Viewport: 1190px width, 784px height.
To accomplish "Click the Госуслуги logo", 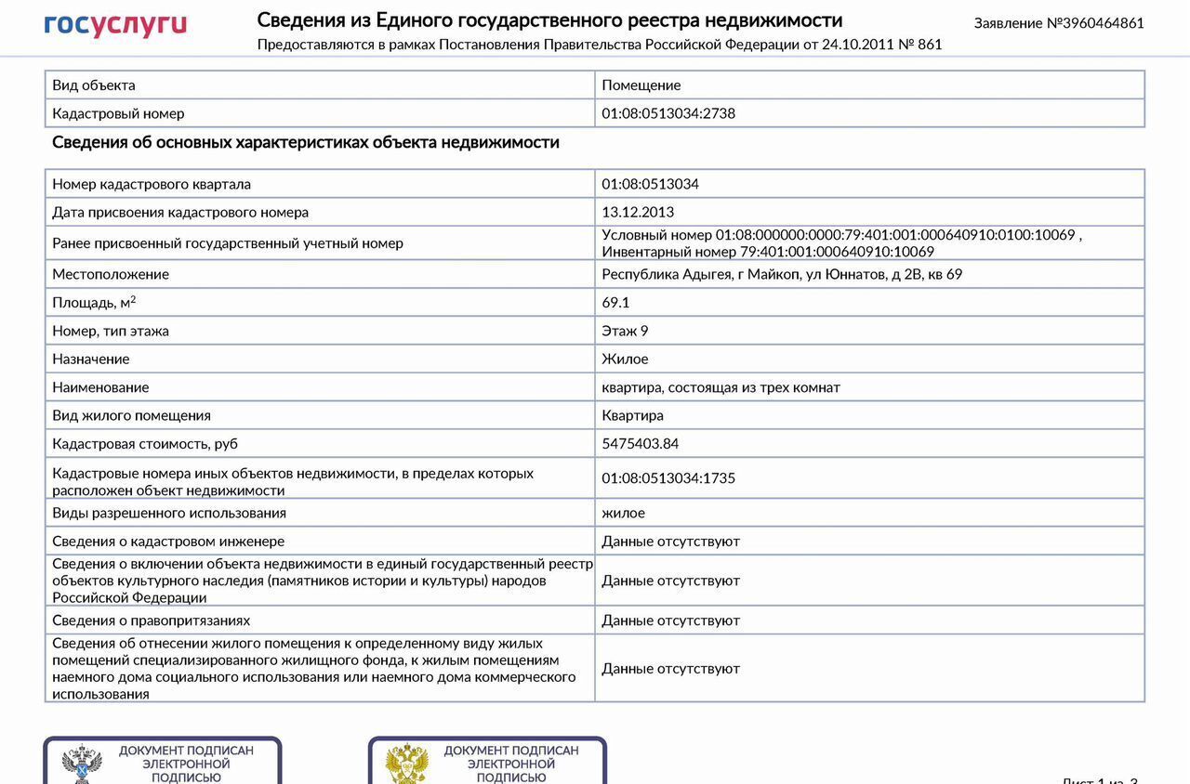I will (x=115, y=25).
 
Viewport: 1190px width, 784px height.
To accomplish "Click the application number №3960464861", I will (x=1059, y=23).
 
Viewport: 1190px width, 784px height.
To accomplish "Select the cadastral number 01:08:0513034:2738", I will (x=668, y=113).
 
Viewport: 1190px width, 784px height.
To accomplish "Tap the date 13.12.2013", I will (x=638, y=212).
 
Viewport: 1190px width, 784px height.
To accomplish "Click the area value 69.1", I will (x=615, y=302).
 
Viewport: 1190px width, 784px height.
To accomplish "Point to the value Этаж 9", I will (x=625, y=331).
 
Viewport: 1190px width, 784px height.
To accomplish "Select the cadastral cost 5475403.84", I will (x=640, y=443).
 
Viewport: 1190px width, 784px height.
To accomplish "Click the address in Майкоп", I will (x=782, y=274).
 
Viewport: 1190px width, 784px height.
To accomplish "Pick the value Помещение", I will (x=641, y=85).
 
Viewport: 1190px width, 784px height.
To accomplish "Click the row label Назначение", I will (x=90, y=359).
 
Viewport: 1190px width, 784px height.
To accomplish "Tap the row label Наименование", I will (x=100, y=387).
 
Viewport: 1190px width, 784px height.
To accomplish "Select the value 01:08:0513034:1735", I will (x=668, y=477).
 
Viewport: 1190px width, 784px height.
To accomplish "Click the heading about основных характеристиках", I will (x=306, y=142).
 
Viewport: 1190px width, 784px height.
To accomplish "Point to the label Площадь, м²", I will (x=94, y=302).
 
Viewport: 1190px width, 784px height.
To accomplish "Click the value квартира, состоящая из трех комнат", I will (x=721, y=387).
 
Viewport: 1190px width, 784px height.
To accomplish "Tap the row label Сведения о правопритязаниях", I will (x=151, y=620).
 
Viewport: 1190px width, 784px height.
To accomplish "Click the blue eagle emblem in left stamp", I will (x=81, y=764).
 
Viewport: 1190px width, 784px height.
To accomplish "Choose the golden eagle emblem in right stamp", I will (x=406, y=764).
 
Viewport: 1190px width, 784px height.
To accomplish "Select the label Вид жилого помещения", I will (x=131, y=415).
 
